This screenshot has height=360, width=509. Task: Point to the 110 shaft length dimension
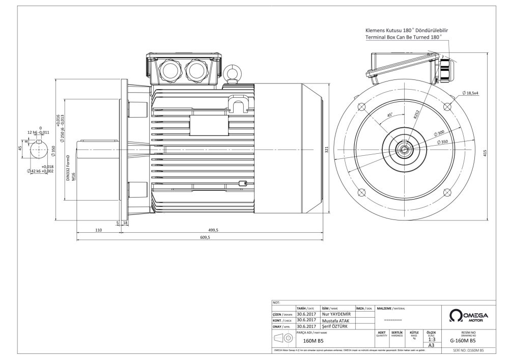(x=99, y=230)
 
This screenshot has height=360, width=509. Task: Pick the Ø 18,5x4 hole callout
(x=473, y=93)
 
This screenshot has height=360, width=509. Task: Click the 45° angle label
(x=390, y=116)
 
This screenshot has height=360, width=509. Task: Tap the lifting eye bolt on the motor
(x=234, y=72)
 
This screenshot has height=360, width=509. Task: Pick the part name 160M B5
(x=313, y=341)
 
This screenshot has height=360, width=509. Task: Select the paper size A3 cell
(x=432, y=345)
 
